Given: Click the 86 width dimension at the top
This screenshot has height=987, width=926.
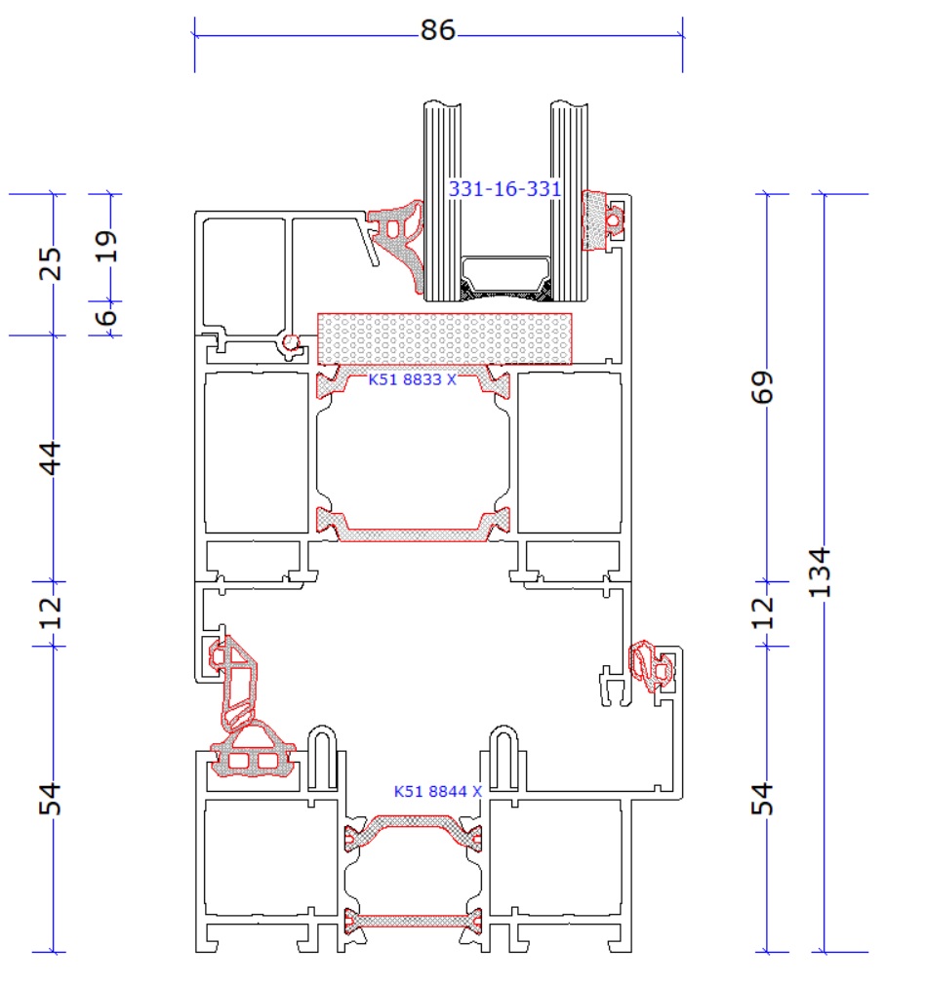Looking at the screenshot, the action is tap(438, 30).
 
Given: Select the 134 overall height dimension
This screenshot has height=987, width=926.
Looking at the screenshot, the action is tap(821, 572).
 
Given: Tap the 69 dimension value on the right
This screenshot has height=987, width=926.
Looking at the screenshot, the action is tap(762, 386).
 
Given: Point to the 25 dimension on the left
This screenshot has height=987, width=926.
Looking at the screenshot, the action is tap(51, 263).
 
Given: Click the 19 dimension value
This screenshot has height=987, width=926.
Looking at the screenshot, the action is tap(105, 246).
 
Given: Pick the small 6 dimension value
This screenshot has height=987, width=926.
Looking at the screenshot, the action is tap(105, 316).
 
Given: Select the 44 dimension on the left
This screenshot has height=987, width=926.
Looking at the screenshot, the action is tap(51, 457).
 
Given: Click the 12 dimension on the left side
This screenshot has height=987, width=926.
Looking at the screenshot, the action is tap(51, 613).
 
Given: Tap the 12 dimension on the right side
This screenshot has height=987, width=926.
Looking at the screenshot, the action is tap(762, 613).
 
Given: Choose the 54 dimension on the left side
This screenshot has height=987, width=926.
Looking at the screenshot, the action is tap(51, 799).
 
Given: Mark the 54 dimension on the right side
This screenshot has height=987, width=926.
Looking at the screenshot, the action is tap(762, 799).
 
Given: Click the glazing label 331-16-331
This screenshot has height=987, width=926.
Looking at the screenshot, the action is tap(504, 188).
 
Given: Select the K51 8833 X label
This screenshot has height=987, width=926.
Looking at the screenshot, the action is tap(413, 379).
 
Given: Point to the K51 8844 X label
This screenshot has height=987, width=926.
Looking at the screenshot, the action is tap(438, 791).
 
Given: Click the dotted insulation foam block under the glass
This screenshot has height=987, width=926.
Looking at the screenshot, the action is tap(444, 338).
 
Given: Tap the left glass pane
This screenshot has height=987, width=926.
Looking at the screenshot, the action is tap(442, 201).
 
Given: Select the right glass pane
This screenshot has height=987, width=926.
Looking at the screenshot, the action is tap(570, 201).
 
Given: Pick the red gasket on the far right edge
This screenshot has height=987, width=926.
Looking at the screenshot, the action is tap(652, 666).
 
